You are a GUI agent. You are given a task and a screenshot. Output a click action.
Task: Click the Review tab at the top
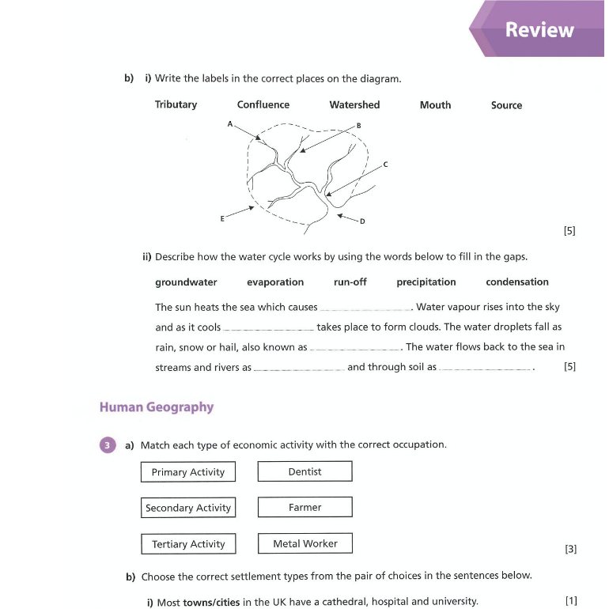coord(539,30)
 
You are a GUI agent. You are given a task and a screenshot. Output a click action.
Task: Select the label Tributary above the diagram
coord(176,104)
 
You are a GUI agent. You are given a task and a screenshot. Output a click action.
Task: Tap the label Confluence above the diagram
coord(263,104)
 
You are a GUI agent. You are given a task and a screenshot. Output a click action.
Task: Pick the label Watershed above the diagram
coord(354,104)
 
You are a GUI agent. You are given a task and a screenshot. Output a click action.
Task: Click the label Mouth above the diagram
coord(435,104)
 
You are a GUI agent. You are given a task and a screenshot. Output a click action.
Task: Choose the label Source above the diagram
coord(506,104)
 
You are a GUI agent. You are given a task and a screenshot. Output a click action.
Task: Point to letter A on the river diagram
coord(230,124)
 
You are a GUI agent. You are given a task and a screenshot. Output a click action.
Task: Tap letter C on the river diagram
coord(385,165)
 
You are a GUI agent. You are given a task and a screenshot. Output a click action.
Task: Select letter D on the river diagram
coord(362,221)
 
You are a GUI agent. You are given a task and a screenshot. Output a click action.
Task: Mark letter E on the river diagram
coord(222,218)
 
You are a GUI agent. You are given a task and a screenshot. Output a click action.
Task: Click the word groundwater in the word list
coord(186,282)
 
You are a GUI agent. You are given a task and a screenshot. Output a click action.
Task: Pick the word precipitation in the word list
coord(426,282)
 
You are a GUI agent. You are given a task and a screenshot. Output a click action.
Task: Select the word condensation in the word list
coord(516,282)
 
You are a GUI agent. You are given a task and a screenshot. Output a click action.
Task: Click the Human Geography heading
coord(157,407)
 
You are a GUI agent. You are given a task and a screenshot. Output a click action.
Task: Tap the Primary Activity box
coord(188,472)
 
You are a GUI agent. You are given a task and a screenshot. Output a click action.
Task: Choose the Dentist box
coord(304,471)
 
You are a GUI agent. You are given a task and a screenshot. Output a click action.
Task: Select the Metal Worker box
coord(304,543)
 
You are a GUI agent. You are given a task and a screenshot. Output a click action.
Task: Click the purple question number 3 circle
coord(108,444)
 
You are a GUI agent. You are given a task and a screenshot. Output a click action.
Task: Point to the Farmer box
coord(304,507)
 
